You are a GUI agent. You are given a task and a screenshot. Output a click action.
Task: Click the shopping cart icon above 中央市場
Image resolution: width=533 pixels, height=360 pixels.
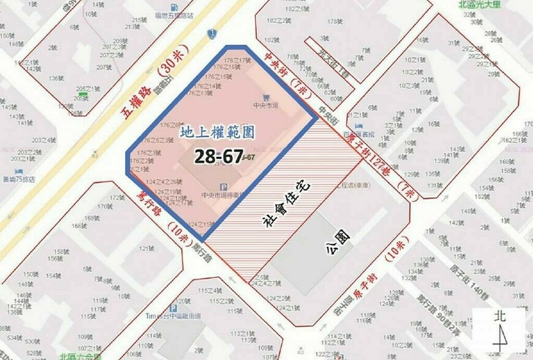pos(265,97)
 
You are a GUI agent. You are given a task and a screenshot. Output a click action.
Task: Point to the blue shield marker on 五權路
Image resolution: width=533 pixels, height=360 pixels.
pos(212,33)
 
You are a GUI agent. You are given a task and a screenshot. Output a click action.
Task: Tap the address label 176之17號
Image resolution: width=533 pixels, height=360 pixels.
pos(238,60)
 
